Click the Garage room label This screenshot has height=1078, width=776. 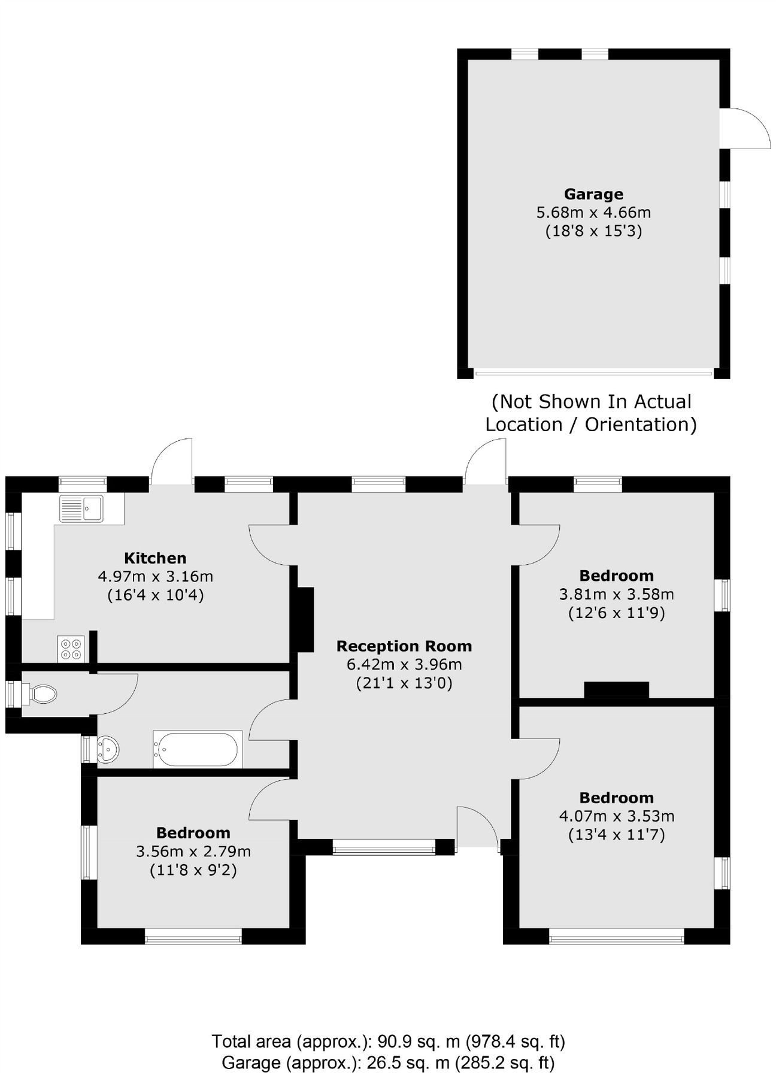point(593,194)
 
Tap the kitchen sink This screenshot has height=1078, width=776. point(81,509)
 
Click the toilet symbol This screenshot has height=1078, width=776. point(42,694)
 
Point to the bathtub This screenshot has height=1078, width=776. point(197,749)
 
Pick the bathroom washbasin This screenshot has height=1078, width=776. point(108,749)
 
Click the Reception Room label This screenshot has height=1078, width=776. point(404,646)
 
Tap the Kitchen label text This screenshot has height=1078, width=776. point(155,558)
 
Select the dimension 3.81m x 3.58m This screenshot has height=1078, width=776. point(616,594)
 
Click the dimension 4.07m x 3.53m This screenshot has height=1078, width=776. point(616,816)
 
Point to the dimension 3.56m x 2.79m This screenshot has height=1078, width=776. point(193,851)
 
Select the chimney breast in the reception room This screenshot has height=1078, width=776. point(305,619)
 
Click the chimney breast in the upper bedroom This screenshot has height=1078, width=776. point(616,689)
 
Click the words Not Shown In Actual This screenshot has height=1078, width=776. point(591,401)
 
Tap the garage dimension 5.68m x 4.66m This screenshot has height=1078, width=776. point(593,212)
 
